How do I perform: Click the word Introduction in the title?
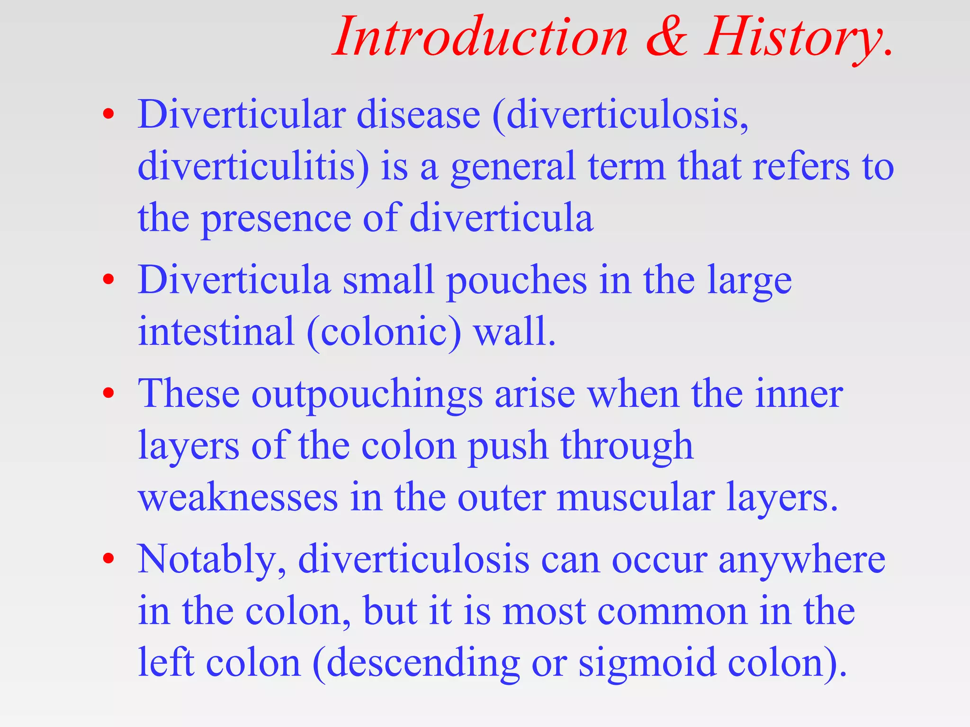pos(481,37)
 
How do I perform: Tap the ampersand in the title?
pos(666,37)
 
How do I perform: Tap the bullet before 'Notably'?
pos(108,559)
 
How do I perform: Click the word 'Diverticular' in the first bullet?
pos(241,115)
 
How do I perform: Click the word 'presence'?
pos(276,219)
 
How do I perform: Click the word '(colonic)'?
pos(384,332)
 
